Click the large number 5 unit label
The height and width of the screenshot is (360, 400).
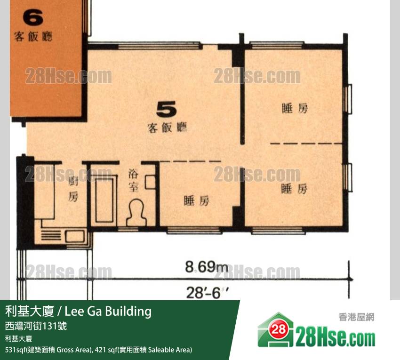pos(166,110)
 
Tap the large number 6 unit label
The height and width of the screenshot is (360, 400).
pos(33,17)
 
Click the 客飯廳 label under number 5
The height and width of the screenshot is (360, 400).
pos(167,128)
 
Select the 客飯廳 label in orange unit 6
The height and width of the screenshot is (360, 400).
pos(33,37)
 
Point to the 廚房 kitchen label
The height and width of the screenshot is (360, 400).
pos(73,189)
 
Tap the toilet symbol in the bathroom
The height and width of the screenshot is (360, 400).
pos(137,213)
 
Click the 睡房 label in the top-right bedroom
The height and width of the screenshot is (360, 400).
pos(295,108)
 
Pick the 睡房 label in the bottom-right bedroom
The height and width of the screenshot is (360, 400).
pos(294,189)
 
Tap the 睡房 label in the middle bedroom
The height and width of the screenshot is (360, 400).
pos(197,201)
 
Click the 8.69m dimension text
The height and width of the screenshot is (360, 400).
pos(207,267)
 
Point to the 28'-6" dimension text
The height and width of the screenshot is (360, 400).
pos(207,293)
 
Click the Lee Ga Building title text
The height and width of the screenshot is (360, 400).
pos(108,311)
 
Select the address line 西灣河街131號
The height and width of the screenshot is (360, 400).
pos(36,326)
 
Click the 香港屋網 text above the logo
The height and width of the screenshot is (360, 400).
pos(356,317)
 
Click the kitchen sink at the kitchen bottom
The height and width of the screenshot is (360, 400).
pos(75,236)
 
